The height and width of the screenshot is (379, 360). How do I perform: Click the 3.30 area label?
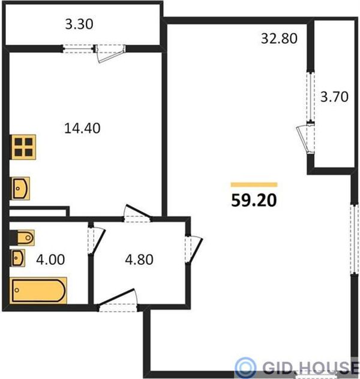click(79, 24)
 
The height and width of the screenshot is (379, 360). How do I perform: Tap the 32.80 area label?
click(279, 38)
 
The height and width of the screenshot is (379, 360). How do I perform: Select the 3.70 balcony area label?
click(334, 97)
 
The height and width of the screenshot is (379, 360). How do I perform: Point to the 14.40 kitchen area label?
click(82, 129)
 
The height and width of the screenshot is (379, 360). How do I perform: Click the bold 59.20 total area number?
click(254, 201)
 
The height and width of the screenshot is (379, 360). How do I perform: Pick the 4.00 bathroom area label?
click(50, 259)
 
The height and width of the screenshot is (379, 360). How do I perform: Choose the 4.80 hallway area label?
click(139, 259)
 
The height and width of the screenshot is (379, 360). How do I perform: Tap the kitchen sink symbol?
click(20, 189)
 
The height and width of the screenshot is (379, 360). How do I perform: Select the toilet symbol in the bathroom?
click(22, 238)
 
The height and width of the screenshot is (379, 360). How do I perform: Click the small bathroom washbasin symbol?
click(18, 258)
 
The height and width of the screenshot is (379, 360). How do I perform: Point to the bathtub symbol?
click(38, 291)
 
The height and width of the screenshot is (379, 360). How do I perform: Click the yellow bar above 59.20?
click(254, 184)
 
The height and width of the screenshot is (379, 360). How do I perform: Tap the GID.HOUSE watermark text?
click(311, 368)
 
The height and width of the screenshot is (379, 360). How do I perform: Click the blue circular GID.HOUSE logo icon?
click(245, 368)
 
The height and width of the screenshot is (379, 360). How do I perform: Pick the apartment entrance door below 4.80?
click(118, 300)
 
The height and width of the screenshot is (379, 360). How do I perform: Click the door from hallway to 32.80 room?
click(194, 250)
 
